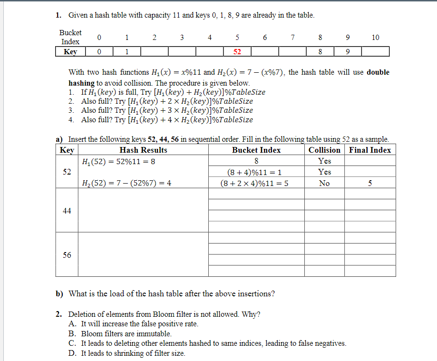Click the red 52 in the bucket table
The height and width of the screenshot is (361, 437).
237,52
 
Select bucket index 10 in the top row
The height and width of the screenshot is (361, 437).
375,38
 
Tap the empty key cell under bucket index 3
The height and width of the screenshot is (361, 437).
182,52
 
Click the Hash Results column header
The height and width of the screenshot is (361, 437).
143,150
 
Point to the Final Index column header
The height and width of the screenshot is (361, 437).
370,150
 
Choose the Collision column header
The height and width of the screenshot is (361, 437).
324,150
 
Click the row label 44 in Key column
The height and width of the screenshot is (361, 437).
67,211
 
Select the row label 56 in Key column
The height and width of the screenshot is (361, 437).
67,255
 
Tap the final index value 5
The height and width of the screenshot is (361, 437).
369,183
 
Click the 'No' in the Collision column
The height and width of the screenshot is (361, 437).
324,183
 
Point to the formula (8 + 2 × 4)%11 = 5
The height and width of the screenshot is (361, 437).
254,183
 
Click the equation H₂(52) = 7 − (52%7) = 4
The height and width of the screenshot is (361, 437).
126,183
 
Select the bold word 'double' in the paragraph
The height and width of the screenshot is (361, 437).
378,72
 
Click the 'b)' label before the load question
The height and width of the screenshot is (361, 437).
60,293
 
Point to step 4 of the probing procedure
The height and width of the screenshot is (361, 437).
162,120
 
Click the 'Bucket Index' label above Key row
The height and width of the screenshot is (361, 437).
70,37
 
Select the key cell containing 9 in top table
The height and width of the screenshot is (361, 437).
348,52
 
